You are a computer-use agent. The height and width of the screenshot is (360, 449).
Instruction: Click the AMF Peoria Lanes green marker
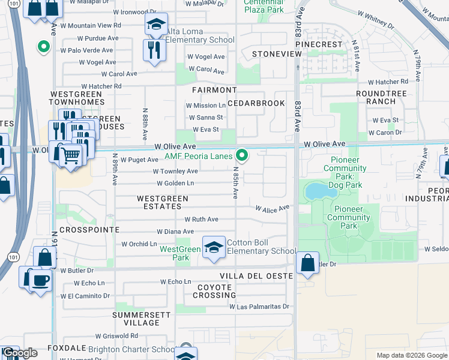tap(242, 156)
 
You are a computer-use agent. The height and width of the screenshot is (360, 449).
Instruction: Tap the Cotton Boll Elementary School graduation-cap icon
tap(213, 247)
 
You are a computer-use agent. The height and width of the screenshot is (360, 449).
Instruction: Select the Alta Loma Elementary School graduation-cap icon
tap(155, 26)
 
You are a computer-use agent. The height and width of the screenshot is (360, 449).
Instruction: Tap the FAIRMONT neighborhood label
tap(210, 90)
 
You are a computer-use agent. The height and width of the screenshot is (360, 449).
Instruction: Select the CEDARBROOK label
tap(259, 103)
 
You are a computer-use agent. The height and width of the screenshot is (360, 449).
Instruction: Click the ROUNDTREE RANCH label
tap(381, 98)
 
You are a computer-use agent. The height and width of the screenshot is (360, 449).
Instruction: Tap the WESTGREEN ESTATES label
tap(163, 202)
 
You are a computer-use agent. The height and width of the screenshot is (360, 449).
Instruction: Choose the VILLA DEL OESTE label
tap(256, 276)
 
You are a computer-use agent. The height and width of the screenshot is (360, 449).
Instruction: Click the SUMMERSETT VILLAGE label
tap(137, 319)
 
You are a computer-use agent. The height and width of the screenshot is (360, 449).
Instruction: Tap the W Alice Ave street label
tap(273, 208)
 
